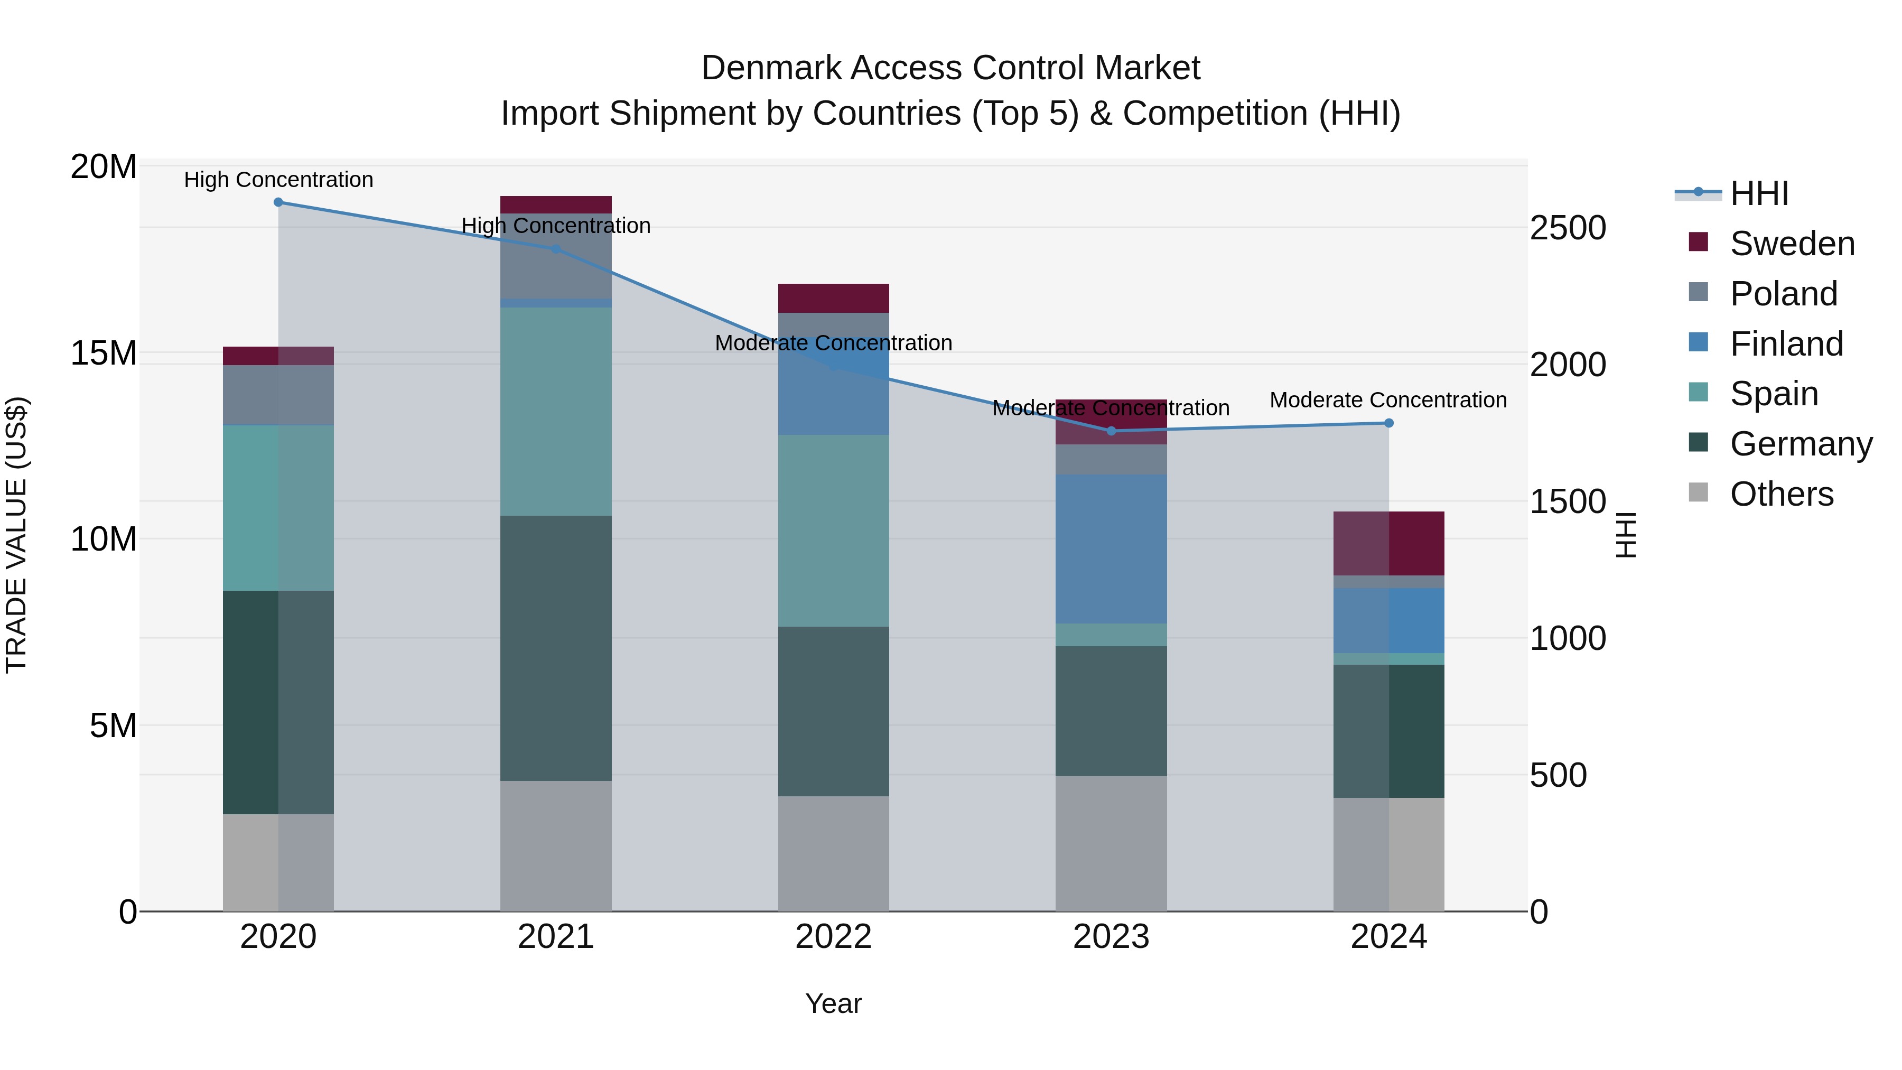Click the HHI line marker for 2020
click(278, 202)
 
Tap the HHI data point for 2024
click(1389, 423)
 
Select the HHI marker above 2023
click(1111, 431)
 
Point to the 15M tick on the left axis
click(104, 353)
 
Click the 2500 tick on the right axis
click(1568, 228)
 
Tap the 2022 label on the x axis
click(834, 937)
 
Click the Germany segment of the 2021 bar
click(556, 648)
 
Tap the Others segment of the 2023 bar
click(1111, 843)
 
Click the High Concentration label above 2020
click(278, 180)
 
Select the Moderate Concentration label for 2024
click(1388, 400)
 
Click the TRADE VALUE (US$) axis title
click(16, 535)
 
